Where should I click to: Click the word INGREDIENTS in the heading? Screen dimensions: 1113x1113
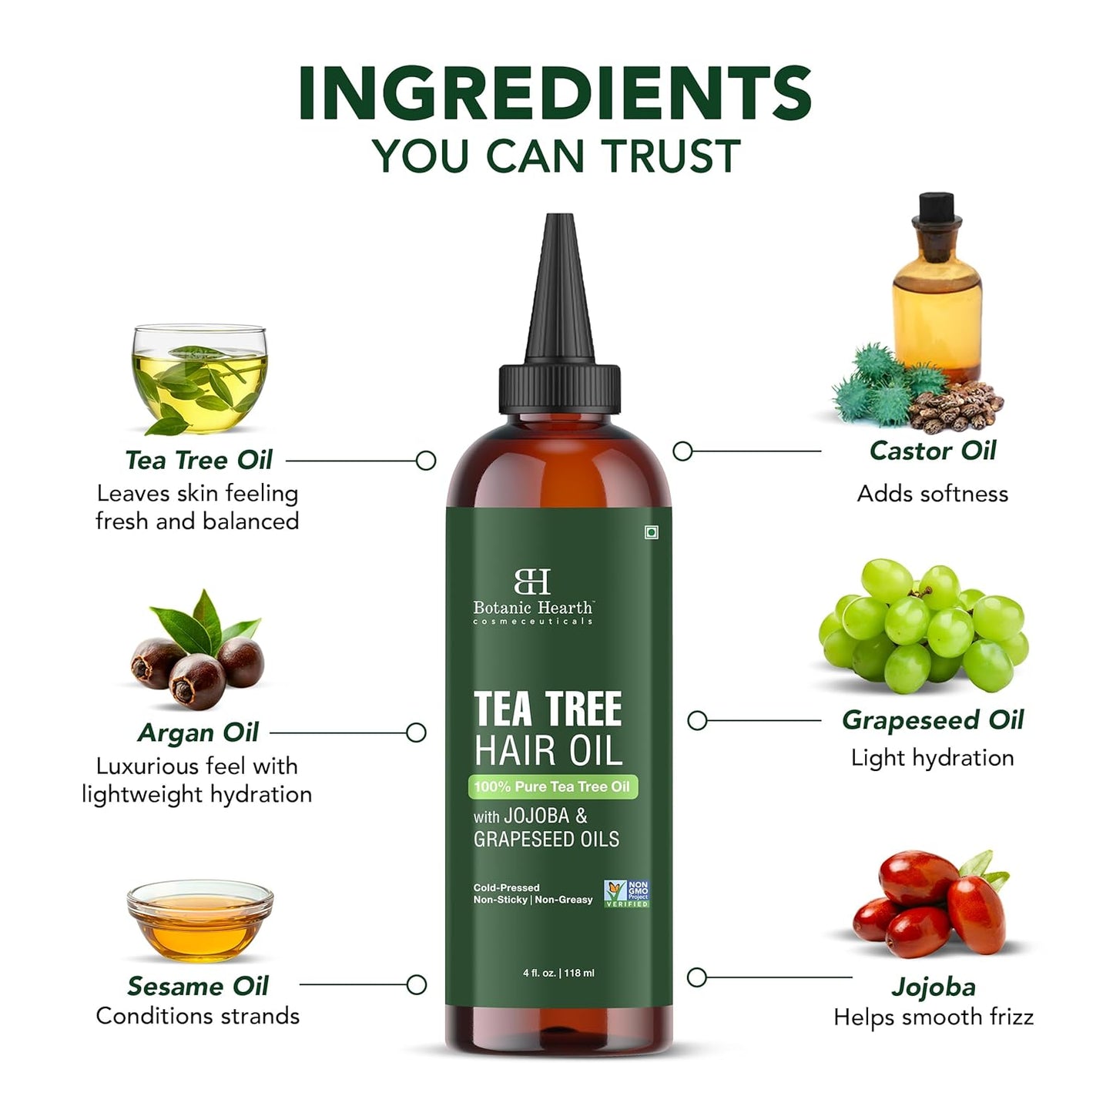click(x=555, y=94)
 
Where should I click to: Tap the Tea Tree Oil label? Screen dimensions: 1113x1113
click(x=199, y=460)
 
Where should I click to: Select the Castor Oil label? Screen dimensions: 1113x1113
click(x=932, y=451)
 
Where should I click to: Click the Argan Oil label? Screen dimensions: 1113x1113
click(x=198, y=733)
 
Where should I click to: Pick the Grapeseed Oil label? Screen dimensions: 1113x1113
click(x=932, y=720)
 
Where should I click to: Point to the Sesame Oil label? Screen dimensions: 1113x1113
click(x=198, y=986)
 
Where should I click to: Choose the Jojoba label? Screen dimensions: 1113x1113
click(x=933, y=987)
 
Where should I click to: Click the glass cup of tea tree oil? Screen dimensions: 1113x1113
click(x=199, y=377)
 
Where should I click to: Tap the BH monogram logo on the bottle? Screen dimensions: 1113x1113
click(x=532, y=582)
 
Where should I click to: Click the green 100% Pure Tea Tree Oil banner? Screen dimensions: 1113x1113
click(x=552, y=786)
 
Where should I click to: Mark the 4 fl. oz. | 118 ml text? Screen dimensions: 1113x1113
click(x=558, y=973)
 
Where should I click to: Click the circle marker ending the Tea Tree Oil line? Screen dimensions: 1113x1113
click(x=426, y=461)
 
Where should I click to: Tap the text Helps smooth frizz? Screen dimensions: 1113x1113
click(x=933, y=1017)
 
